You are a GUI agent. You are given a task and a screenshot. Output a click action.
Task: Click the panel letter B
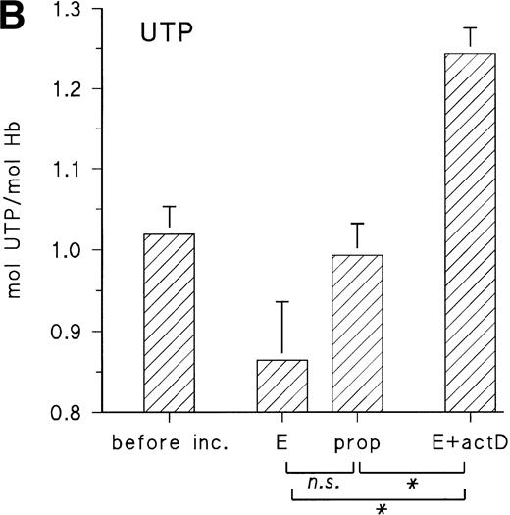[x=15, y=17]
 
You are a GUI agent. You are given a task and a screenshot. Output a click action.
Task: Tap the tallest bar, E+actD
[x=470, y=232]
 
